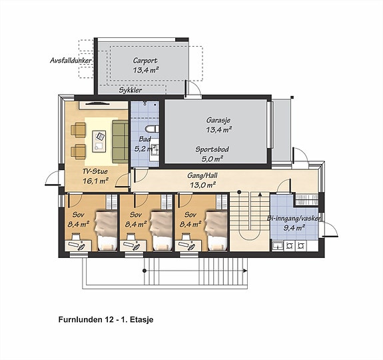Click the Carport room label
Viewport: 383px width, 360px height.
click(145, 61)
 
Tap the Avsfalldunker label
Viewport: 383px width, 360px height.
click(71, 61)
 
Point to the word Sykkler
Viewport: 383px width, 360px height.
click(130, 90)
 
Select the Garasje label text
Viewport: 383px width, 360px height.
click(218, 120)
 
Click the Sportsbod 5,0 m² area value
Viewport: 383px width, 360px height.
click(212, 159)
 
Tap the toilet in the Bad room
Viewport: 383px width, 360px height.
click(151, 129)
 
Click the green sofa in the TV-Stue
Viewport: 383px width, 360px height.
click(120, 141)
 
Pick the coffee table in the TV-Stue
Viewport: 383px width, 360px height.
click(99, 141)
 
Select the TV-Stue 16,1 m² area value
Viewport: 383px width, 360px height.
click(95, 181)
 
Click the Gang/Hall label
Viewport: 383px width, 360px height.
click(202, 175)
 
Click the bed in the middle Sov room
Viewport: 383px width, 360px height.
click(161, 231)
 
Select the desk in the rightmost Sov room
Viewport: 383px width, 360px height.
click(188, 245)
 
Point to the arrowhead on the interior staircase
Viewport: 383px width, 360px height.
click(260, 195)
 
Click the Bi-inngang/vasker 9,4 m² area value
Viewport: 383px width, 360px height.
click(294, 228)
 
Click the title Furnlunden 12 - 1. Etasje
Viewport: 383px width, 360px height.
click(106, 319)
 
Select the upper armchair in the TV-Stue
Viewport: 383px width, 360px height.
click(78, 129)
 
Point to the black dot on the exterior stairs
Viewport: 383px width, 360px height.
click(145, 271)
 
